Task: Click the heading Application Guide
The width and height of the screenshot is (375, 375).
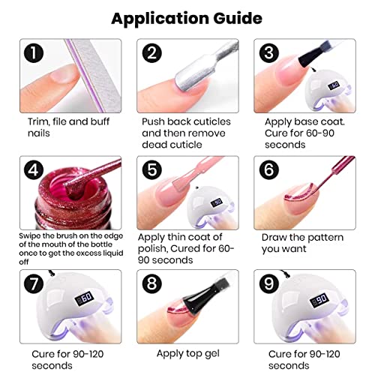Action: (x=187, y=17)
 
